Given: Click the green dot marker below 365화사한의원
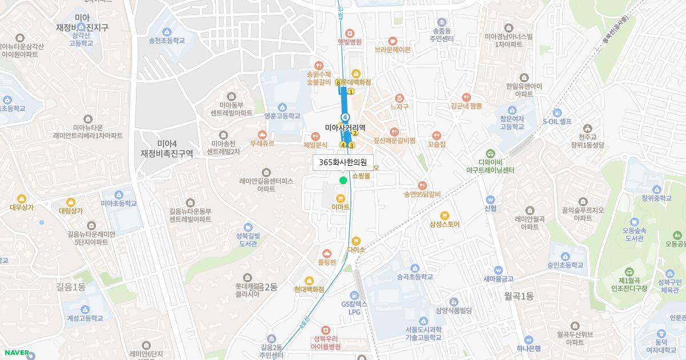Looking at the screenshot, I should pos(343,181).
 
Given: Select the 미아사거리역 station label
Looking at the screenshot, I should pos(345,127).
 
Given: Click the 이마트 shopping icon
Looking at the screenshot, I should pos(341,198).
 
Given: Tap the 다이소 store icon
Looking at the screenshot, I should pos(356,241).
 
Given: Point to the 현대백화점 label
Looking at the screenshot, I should pos(309,289).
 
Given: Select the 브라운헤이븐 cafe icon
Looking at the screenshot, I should pos(393,41).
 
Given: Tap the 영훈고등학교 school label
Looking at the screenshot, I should pos(282,115).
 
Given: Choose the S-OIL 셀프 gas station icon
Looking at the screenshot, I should pos(557,113).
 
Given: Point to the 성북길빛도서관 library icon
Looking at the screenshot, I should pos(248,227).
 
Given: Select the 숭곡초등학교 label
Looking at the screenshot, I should pos(414,277).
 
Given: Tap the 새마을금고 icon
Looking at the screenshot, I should pos(498,270).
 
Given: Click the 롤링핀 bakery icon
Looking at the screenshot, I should pos(327,253).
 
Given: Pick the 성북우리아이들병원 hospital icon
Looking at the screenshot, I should pos(325,331).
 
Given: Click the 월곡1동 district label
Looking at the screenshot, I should pos(519,296).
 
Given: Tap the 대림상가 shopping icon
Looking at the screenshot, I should pos(70,202).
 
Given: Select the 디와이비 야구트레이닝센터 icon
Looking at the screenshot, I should pos(490,153).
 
